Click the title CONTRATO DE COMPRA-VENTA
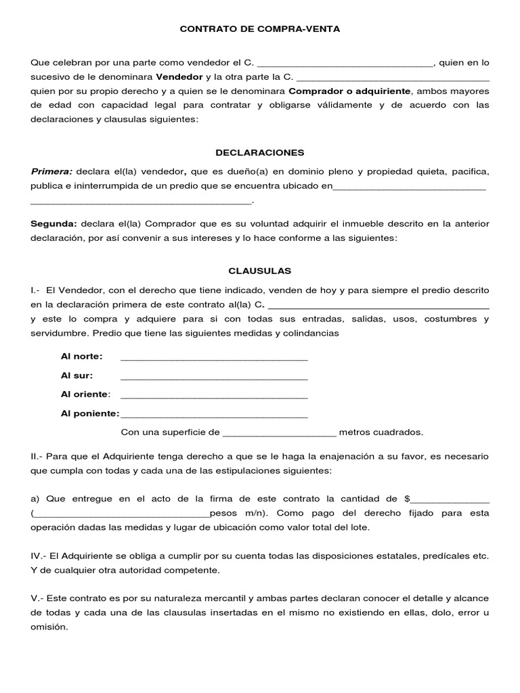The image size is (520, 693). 259,29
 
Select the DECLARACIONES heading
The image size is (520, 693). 259,152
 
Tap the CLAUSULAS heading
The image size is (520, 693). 259,271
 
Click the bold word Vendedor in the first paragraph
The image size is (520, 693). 179,76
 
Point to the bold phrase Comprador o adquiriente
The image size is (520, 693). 350,91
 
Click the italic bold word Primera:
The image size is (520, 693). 51,171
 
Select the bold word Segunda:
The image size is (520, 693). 54,223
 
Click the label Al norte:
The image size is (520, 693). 82,357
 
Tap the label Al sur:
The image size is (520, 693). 77,376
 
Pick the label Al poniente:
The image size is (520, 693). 90,413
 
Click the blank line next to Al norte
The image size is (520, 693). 213,358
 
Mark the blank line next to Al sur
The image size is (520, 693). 213,377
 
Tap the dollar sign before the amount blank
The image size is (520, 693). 407,498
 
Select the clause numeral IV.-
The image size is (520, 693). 39,556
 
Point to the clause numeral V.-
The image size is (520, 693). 37,599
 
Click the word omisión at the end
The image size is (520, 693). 49,627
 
